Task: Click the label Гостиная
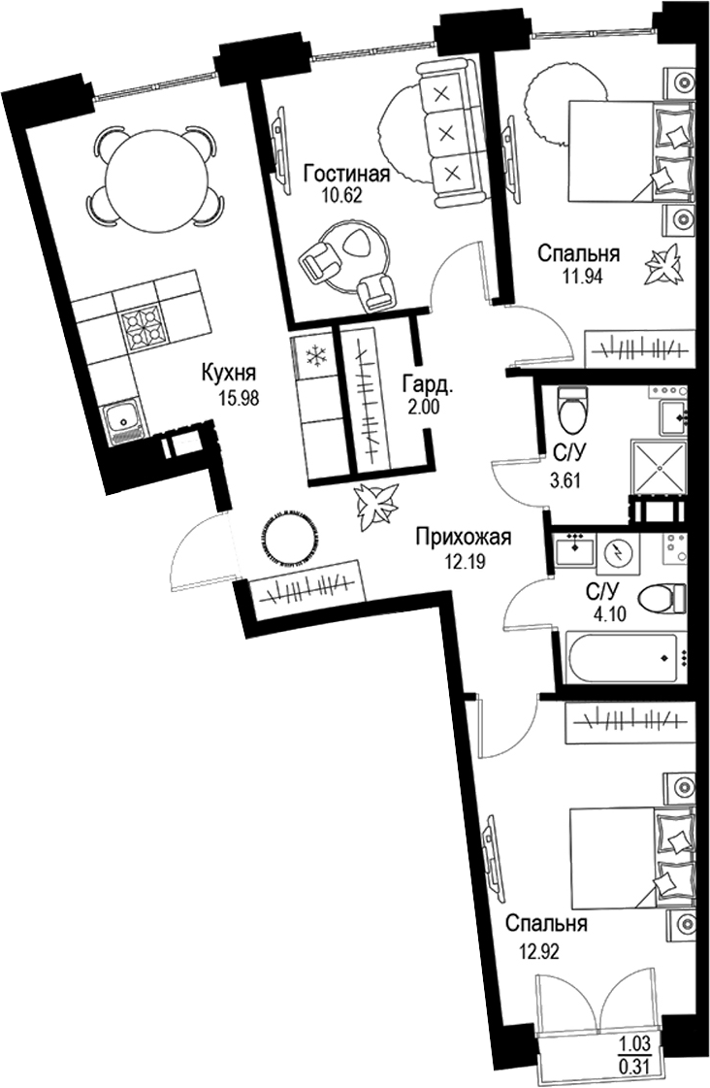(346, 175)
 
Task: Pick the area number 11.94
(578, 279)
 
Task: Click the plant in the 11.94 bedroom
(665, 264)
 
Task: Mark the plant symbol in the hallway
(374, 502)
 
